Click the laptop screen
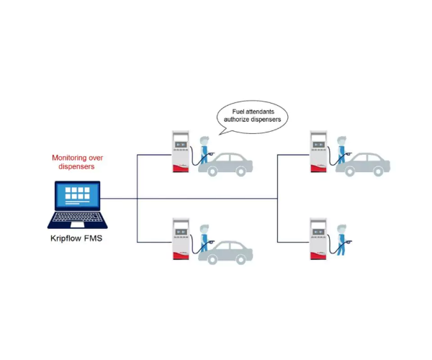(x=78, y=196)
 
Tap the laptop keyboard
(x=78, y=217)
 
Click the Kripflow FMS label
(x=76, y=238)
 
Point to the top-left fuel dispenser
(x=181, y=151)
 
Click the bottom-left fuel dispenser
(x=181, y=239)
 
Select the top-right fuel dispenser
(x=318, y=151)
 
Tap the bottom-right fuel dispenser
(x=318, y=239)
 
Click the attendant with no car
(x=341, y=240)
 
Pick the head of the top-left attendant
(x=204, y=140)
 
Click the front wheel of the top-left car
(x=212, y=171)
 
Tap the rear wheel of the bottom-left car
(x=240, y=259)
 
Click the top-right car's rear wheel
(x=378, y=171)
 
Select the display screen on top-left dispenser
(x=181, y=145)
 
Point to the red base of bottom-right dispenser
(x=318, y=256)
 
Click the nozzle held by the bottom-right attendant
(x=348, y=242)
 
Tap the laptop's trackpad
(x=78, y=225)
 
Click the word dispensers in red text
(x=76, y=166)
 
